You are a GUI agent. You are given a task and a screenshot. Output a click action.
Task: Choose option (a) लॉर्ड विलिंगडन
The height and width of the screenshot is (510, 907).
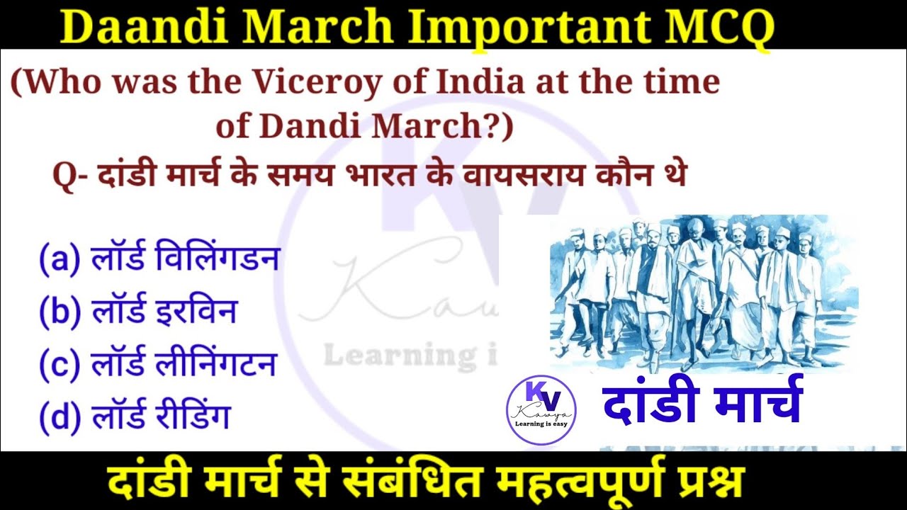click(159, 259)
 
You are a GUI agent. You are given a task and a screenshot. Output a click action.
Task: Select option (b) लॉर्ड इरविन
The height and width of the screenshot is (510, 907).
click(138, 312)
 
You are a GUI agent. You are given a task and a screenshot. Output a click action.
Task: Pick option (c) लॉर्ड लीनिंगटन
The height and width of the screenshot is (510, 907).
click(157, 364)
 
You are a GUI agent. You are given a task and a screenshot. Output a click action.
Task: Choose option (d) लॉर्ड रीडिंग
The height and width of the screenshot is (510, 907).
click(135, 416)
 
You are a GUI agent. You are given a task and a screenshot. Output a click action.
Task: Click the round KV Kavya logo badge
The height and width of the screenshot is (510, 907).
click(541, 410)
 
